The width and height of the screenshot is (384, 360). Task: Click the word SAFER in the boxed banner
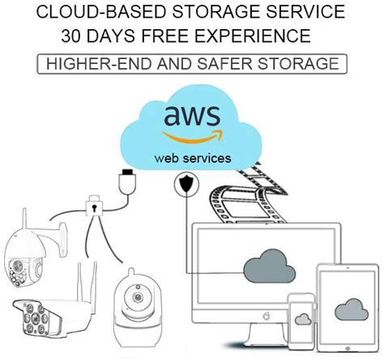[x=241, y=62]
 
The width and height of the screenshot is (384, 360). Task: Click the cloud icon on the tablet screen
[x=350, y=310]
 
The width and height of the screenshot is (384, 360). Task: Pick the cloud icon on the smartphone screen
[x=302, y=318]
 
